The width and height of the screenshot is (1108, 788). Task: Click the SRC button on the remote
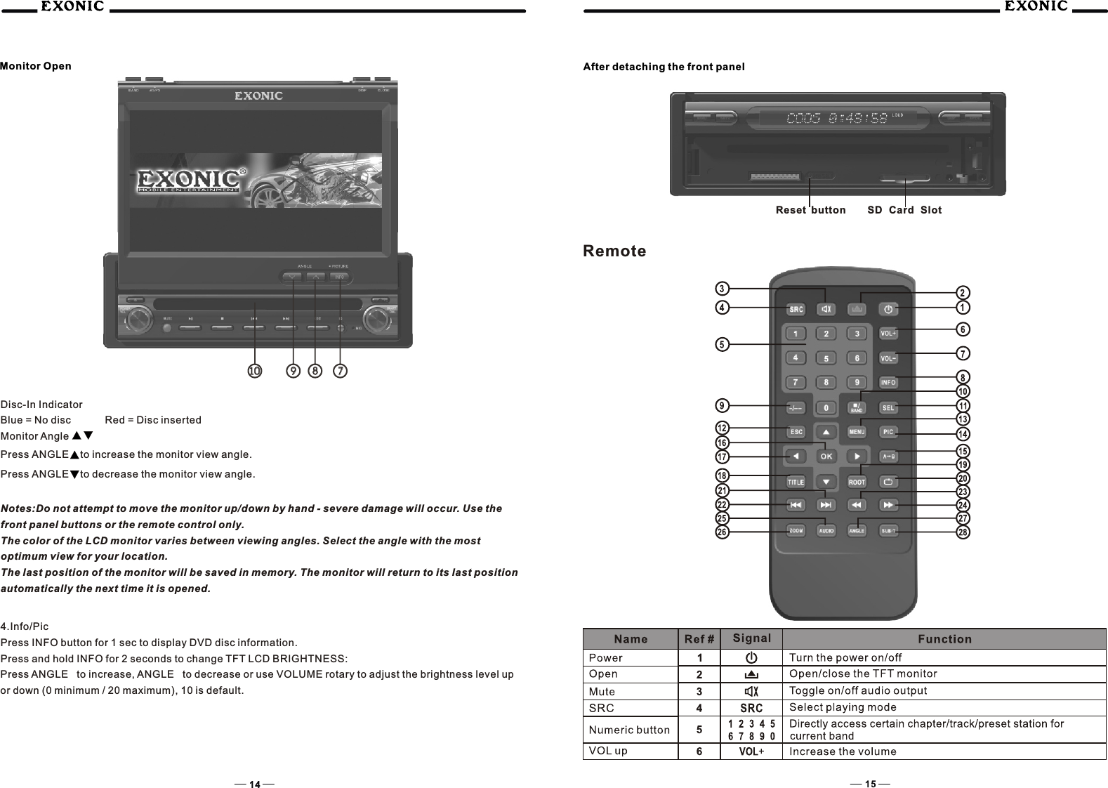click(x=796, y=309)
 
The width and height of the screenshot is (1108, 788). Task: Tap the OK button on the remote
click(x=826, y=457)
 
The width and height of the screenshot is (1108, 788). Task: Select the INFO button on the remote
click(x=888, y=383)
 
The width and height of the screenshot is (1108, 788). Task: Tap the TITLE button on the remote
click(x=796, y=482)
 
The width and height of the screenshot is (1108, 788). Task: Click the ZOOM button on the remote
click(x=796, y=531)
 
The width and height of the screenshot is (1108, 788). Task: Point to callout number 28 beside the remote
click(x=963, y=532)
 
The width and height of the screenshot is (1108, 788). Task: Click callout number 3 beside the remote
click(x=722, y=289)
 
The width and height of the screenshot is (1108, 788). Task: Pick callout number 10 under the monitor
click(x=254, y=370)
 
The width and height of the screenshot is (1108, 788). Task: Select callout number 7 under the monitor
click(x=341, y=370)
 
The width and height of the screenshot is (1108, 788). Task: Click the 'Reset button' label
click(x=810, y=210)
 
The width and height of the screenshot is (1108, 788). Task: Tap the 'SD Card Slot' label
click(x=904, y=210)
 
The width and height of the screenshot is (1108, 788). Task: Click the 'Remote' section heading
click(x=614, y=251)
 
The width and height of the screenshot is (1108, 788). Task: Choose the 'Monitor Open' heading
click(x=36, y=66)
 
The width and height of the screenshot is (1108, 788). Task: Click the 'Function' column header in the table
click(x=944, y=639)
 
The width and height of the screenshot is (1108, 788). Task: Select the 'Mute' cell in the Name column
click(x=602, y=691)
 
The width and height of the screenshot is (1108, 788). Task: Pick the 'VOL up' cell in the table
click(x=608, y=751)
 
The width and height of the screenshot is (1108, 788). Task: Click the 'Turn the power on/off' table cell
click(x=845, y=658)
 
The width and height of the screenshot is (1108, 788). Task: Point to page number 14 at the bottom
click(x=254, y=784)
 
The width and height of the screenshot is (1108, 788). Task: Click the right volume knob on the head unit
click(x=377, y=320)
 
